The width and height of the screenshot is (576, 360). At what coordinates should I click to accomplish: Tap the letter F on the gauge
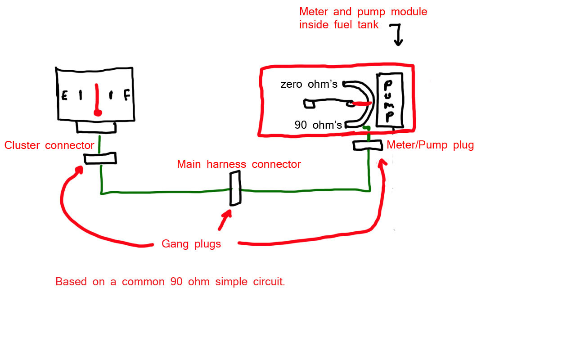coord(127,96)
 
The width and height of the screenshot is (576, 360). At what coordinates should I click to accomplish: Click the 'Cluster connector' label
coord(49,145)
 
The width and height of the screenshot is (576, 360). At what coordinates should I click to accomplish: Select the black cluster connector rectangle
coord(100,158)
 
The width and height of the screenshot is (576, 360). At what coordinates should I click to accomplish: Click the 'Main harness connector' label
coord(238,164)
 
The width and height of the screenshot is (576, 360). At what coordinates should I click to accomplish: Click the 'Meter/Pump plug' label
coord(430,145)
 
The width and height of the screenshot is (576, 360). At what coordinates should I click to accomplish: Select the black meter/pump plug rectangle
coord(368,145)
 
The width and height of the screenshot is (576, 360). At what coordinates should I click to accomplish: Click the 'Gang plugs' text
coord(191,244)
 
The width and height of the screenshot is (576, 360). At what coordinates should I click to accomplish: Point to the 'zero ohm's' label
coord(309,84)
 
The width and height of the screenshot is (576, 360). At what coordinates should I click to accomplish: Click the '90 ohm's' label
coord(318,125)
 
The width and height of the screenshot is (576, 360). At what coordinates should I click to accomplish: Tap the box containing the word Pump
coord(389,100)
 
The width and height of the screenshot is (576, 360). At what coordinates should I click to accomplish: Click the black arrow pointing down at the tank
coord(398,36)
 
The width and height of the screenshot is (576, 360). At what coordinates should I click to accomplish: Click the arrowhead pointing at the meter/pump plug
coord(383,163)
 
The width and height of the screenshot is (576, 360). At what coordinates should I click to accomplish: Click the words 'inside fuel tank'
coord(339,26)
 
